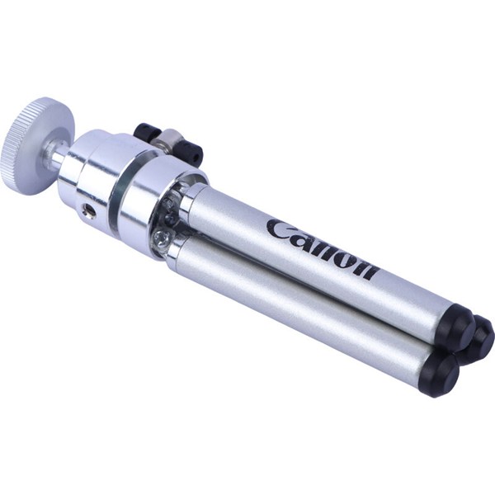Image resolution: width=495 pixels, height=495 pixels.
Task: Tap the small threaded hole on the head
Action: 89,210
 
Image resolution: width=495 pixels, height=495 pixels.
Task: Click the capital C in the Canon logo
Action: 279,229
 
